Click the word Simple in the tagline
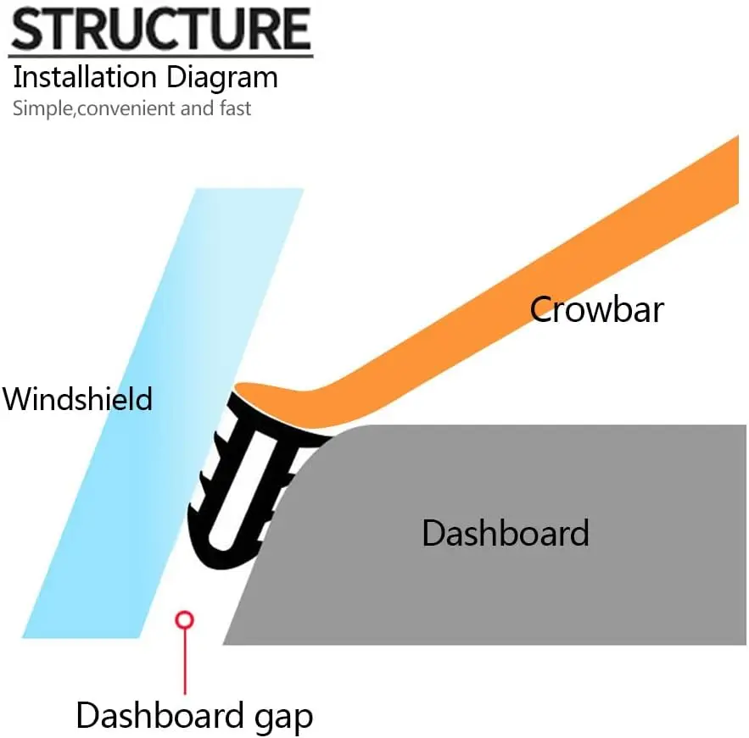(37, 108)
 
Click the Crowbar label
(596, 309)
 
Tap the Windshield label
(77, 397)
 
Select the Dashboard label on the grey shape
(505, 533)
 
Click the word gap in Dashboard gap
(285, 716)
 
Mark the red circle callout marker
(184, 619)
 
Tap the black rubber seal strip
(242, 474)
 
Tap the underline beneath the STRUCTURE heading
(161, 56)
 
